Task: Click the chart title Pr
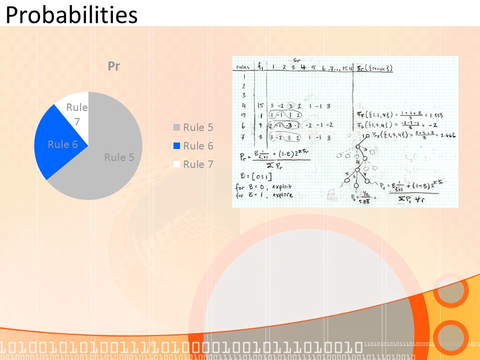114,66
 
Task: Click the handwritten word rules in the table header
243,67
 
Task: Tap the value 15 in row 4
259,105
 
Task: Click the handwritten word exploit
283,186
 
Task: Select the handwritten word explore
283,195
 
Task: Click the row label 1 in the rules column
243,77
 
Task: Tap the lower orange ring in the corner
451,337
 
